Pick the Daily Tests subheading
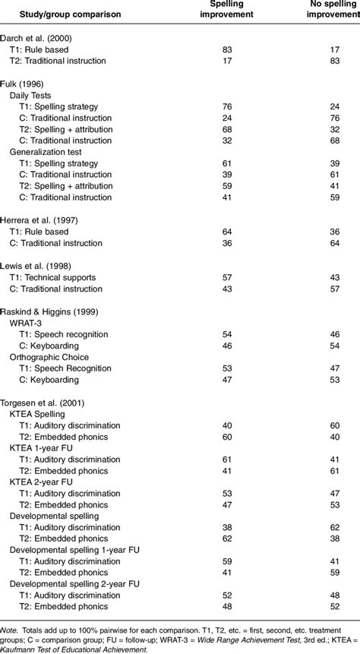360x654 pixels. click(33, 94)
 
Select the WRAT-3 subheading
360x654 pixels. click(27, 321)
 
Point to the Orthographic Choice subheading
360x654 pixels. click(48, 355)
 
